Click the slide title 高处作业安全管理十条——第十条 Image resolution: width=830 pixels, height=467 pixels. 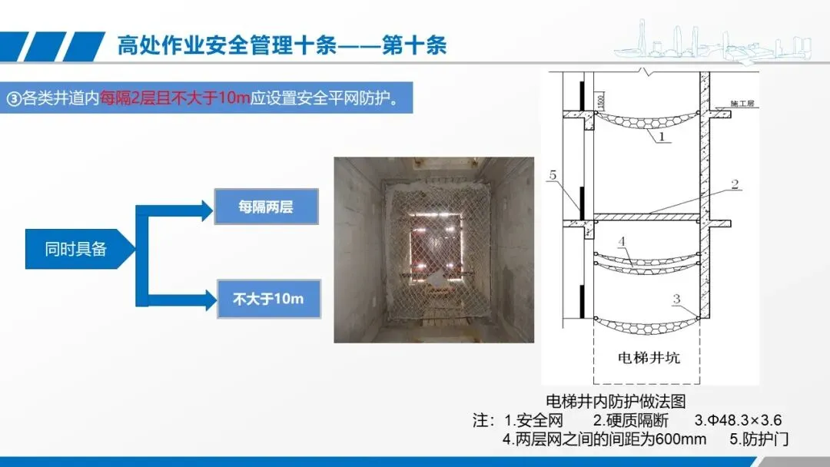[281, 45]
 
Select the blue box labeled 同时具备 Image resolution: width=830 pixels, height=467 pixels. [75, 249]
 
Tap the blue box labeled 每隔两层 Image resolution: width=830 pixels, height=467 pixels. [266, 207]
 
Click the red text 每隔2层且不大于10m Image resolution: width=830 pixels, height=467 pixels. [176, 101]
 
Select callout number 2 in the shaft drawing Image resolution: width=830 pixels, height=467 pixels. [734, 184]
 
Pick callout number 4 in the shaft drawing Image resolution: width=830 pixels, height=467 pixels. [623, 241]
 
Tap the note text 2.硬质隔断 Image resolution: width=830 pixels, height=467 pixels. [631, 421]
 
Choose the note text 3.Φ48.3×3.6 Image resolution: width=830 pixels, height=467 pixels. [738, 421]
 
